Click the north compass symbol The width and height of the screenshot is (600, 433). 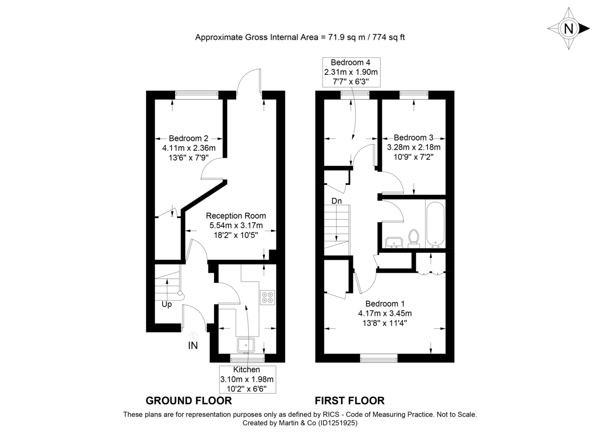(x=568, y=28)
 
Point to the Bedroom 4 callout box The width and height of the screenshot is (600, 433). (x=350, y=72)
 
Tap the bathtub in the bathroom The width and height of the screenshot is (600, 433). (x=434, y=224)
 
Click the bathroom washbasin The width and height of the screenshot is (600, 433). (x=395, y=242)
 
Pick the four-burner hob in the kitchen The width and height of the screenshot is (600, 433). (x=267, y=297)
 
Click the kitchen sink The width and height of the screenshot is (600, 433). (x=247, y=345)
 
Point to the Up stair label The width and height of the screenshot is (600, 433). (x=166, y=304)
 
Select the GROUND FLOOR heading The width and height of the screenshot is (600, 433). (x=188, y=401)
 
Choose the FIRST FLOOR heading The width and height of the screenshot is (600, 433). (x=349, y=401)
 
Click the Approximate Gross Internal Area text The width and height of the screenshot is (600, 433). (x=299, y=37)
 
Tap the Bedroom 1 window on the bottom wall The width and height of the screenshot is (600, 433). (x=379, y=358)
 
